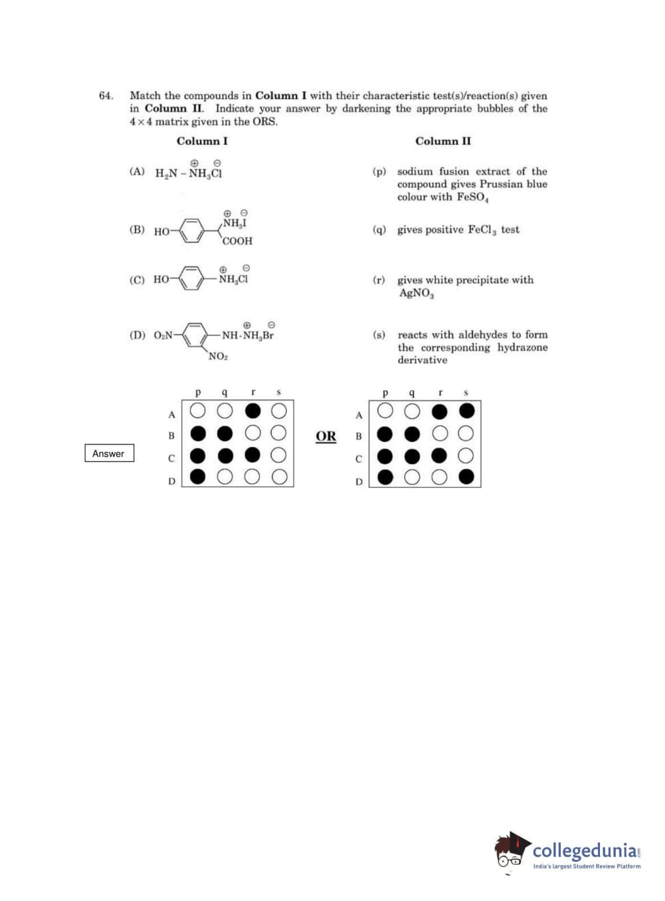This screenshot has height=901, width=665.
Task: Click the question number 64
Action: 106,96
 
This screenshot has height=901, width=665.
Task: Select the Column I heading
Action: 202,141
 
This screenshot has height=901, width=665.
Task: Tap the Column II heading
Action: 443,141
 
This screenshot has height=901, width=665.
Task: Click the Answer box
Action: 109,453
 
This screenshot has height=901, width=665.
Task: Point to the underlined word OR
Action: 326,436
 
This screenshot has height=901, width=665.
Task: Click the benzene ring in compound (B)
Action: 192,231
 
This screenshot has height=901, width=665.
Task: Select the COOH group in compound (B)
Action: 237,241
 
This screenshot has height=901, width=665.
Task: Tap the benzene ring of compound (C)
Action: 192,278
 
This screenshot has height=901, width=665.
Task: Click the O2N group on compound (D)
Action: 163,335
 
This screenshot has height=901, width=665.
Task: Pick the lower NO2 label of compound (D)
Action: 218,356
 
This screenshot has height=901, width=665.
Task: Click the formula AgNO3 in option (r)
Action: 416,293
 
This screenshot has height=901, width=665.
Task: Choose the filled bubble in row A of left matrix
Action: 252,410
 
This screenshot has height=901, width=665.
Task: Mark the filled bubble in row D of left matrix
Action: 198,476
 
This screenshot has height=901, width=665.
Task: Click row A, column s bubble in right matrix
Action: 466,411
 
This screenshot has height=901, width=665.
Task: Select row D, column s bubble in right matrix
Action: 466,476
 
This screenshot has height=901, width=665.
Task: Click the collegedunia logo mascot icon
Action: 512,851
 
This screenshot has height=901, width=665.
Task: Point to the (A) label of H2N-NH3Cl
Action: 136,171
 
